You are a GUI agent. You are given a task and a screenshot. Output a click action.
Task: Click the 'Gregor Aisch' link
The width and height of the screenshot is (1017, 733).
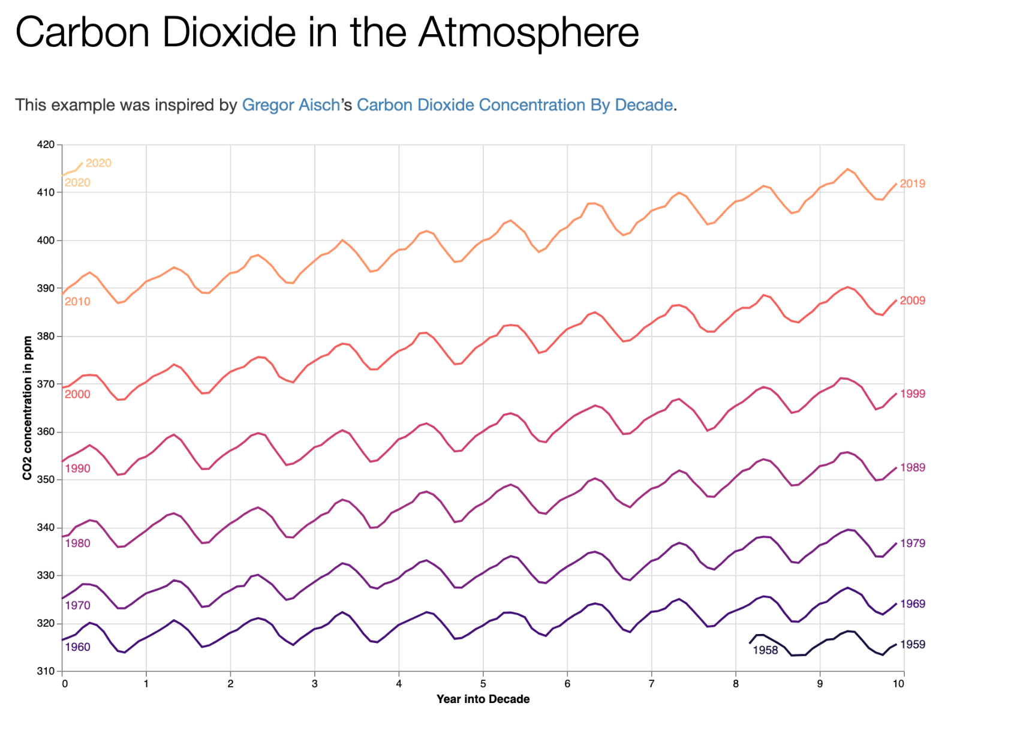[290, 105]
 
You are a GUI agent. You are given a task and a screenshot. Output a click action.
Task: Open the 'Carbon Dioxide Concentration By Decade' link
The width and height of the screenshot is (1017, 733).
[514, 105]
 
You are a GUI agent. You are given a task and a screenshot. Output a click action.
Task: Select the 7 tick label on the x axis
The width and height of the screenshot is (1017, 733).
[651, 683]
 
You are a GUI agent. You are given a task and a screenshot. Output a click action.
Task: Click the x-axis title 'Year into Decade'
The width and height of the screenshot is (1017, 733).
[483, 699]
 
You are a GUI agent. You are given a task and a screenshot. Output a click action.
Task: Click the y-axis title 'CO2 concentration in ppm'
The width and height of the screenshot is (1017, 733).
[27, 408]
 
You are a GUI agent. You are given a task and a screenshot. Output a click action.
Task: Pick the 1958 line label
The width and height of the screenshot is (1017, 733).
[765, 650]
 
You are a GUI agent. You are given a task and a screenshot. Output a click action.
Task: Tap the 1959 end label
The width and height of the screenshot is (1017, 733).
[913, 644]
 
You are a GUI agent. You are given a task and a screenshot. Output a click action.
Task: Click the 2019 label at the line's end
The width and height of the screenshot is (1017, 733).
[913, 184]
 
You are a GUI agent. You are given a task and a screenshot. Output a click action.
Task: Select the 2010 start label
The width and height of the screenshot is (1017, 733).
[77, 302]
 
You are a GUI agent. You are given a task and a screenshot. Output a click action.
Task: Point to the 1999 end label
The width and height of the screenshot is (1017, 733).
[913, 393]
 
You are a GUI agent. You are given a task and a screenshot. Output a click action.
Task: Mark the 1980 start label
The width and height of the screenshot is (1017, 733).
[77, 543]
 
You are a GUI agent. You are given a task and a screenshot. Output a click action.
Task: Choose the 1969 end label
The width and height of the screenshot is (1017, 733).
[913, 603]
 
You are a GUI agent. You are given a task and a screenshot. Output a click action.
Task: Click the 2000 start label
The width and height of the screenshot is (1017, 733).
[77, 394]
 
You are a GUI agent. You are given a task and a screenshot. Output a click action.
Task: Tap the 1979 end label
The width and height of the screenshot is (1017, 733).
[913, 543]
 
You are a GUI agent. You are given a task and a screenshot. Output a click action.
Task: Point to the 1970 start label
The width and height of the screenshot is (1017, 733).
[77, 605]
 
